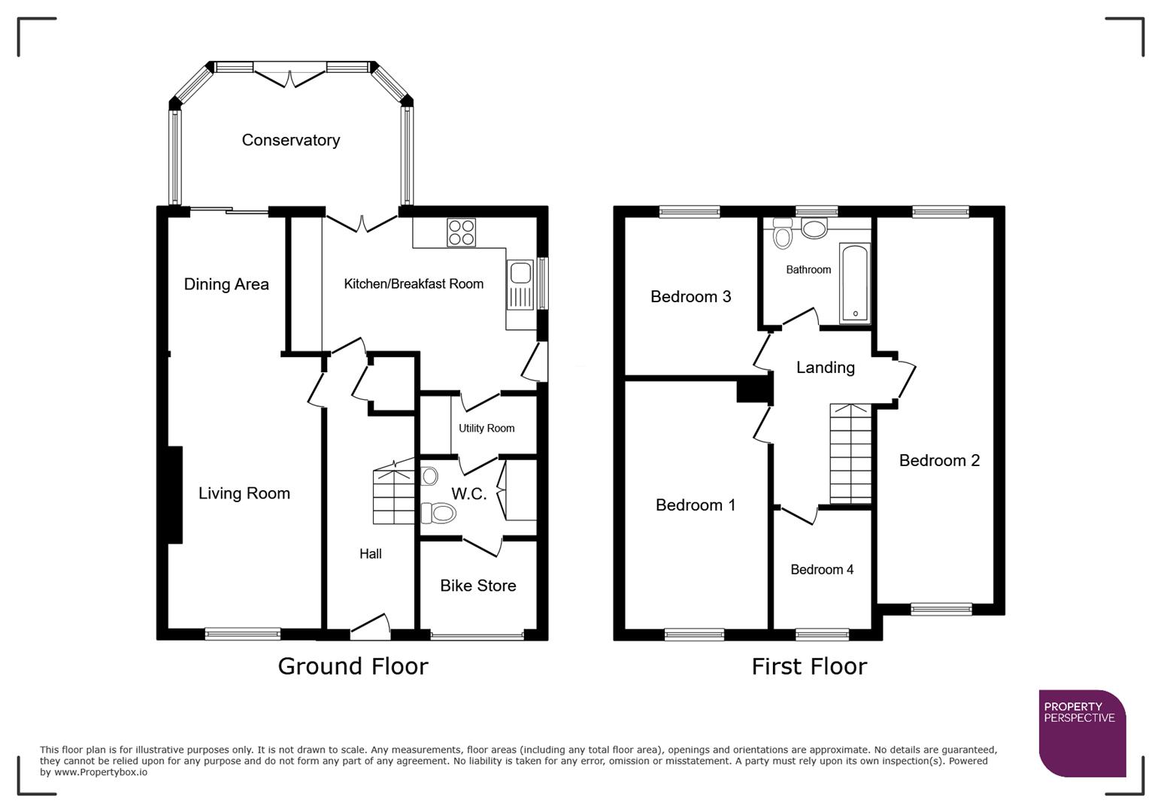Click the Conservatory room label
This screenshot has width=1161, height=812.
coord(290,141)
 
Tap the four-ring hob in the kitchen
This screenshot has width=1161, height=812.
coord(461,232)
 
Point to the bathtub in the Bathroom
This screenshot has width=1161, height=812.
coord(853,283)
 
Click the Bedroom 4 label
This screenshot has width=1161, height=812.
coord(821,570)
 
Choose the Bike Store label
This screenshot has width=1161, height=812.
coord(477,586)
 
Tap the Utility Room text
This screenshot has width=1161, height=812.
coord(487,429)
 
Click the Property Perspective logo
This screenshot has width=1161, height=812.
coord(1081,733)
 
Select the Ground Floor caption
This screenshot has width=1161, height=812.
coord(353,666)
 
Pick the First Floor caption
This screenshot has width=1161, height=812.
coord(809,666)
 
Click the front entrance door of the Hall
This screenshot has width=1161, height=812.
coord(370,626)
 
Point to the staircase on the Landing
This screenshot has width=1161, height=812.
coord(850,453)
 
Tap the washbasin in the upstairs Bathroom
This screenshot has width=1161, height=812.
coord(814,228)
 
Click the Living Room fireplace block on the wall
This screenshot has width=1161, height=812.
coord(174,494)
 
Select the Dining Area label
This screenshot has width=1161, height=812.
coord(226,284)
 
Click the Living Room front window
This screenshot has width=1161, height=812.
coord(243,634)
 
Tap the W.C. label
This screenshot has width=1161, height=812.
coord(468,494)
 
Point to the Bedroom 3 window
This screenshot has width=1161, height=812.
coord(690,212)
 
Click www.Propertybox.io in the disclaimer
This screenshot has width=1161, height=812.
coord(100,772)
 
